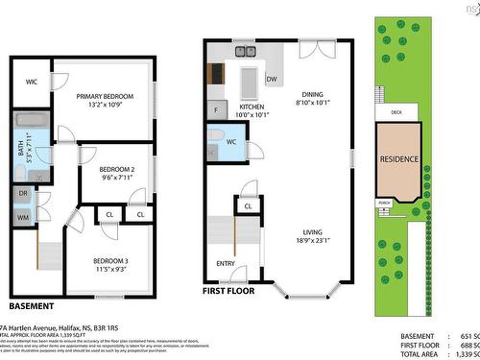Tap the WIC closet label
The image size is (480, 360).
(32, 83)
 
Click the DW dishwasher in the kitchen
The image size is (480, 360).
(272, 78)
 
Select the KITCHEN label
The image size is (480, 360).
(252, 107)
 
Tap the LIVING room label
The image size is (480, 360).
(312, 231)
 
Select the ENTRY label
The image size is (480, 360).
(226, 263)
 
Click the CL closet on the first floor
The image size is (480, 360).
(248, 205)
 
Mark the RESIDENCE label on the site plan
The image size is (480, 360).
(398, 158)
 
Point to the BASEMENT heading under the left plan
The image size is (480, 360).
(33, 305)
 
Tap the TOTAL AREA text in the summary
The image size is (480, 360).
(423, 354)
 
